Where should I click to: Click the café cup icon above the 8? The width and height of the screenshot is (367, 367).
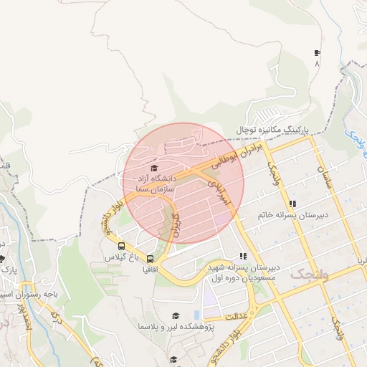317,53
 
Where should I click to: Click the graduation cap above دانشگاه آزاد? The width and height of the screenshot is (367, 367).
155,168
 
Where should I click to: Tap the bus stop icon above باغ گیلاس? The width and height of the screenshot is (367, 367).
120,247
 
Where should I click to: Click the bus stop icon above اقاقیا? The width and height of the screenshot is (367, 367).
150,259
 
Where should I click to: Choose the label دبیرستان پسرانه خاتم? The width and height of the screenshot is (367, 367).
291,214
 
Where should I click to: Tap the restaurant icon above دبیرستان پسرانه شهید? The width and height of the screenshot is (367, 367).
243,256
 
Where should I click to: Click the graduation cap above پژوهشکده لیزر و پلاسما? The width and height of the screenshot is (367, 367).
175,315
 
